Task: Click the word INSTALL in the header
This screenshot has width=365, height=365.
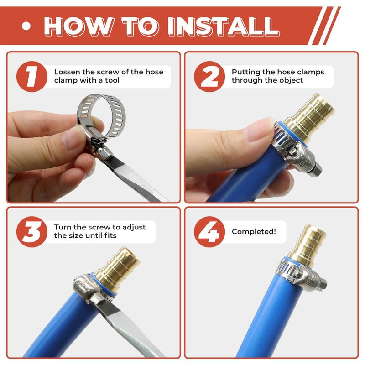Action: point(224,26)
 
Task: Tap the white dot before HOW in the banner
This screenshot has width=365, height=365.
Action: point(26,26)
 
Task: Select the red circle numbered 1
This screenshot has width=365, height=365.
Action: point(32,77)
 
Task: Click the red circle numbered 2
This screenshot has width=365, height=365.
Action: point(209,77)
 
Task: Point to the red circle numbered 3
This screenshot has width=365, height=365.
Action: point(32,232)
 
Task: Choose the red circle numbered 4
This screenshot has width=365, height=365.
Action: point(209,232)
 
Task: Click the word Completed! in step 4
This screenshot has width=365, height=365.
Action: point(254,232)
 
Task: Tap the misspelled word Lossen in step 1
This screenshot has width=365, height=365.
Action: point(67,72)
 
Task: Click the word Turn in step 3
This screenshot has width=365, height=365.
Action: point(62,227)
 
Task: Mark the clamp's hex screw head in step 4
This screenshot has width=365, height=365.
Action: point(323,284)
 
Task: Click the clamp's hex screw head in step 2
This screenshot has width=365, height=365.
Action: point(317,169)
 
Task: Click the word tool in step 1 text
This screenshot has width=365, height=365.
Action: point(112,80)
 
